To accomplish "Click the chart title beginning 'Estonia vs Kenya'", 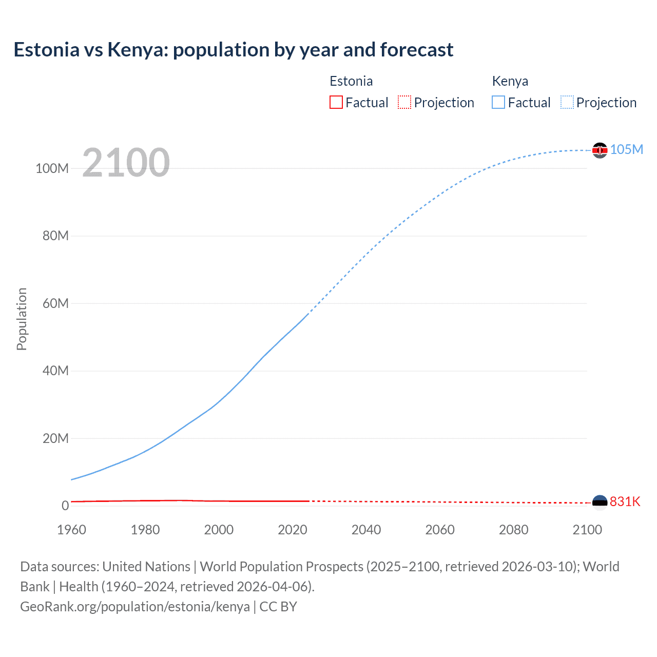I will (x=234, y=50).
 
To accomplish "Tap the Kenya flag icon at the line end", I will (x=600, y=150).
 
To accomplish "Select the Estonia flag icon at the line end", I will (x=600, y=502).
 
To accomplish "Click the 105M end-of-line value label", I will (x=627, y=149).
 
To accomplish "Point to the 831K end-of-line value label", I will (x=625, y=501).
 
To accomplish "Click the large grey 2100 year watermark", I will (x=126, y=162).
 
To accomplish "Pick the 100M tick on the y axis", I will (x=52, y=168).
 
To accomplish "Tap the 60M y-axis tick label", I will (x=55, y=303).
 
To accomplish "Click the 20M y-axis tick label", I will (x=55, y=438).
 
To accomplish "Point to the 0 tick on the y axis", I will (x=65, y=506).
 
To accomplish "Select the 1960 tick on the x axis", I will (x=71, y=530).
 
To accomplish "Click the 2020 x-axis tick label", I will (x=293, y=530).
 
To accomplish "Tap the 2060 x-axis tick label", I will (x=440, y=530).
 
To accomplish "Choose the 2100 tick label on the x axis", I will (x=587, y=530).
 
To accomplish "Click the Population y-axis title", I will (x=22, y=319).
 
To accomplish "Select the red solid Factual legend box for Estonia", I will (x=336, y=102).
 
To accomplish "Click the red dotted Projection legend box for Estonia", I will (x=404, y=102).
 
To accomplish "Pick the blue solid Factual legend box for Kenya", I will (x=498, y=102).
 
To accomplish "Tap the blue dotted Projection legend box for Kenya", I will (x=567, y=102).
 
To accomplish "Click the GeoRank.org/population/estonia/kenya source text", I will (x=135, y=607).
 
